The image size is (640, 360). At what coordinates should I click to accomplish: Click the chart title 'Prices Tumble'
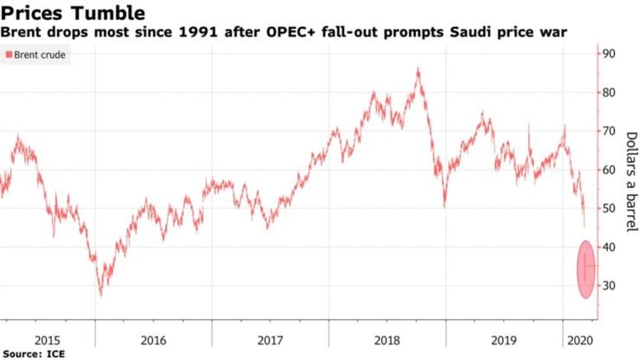74,12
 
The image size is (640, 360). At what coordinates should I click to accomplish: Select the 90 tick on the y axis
609,54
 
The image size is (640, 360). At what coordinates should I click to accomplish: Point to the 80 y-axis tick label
609,92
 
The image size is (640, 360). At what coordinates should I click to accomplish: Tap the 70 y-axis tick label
609,131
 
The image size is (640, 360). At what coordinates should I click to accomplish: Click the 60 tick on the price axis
609,170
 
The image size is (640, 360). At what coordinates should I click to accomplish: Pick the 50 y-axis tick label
609,208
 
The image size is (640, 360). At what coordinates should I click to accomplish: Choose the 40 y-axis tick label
609,247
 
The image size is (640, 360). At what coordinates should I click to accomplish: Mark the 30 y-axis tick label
609,286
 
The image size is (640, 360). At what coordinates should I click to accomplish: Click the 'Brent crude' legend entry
36,54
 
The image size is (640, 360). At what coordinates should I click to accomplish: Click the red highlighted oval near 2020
585,270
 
